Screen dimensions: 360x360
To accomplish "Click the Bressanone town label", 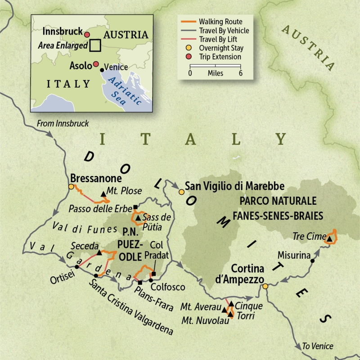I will (x=94, y=177).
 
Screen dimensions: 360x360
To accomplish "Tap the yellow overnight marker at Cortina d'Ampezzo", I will (x=265, y=286).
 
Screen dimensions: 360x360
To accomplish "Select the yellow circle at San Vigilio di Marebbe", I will (x=181, y=192).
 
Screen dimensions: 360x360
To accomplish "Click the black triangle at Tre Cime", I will (x=329, y=239).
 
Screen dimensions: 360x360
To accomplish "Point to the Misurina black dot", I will (x=312, y=261).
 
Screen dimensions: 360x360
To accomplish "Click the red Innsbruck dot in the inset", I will (x=87, y=35).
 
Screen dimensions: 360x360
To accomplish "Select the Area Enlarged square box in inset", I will (x=95, y=45).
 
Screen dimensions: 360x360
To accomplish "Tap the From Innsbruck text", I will (x=63, y=123).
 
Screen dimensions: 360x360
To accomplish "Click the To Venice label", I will (x=318, y=346).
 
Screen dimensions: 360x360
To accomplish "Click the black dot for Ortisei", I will (x=77, y=267).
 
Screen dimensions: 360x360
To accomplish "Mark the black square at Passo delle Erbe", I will (x=135, y=207).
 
